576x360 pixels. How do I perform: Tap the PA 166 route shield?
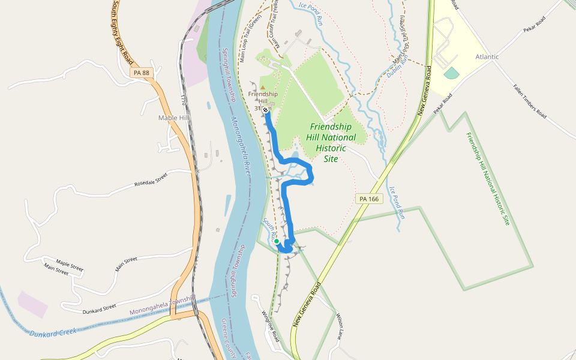(369, 199)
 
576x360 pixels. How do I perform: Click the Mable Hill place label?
(173, 118)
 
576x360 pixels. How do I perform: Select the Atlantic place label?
(487, 57)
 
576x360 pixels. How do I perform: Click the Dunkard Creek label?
(53, 332)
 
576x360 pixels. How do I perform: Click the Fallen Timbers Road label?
(529, 100)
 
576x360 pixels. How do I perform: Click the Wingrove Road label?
(270, 326)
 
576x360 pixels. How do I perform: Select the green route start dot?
(277, 241)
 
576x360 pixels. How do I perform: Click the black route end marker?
(265, 110)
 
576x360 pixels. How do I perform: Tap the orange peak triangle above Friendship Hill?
(262, 88)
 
